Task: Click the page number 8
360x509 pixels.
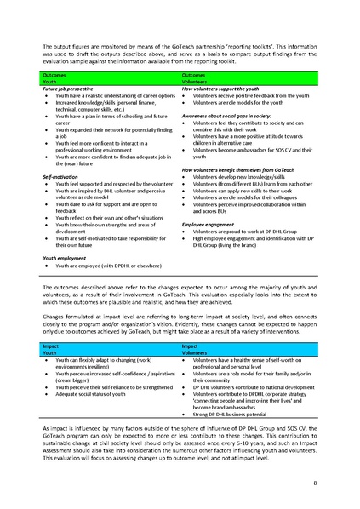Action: (x=316, y=483)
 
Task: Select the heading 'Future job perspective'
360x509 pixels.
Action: (x=68, y=88)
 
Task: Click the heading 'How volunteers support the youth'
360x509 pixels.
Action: (x=220, y=88)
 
